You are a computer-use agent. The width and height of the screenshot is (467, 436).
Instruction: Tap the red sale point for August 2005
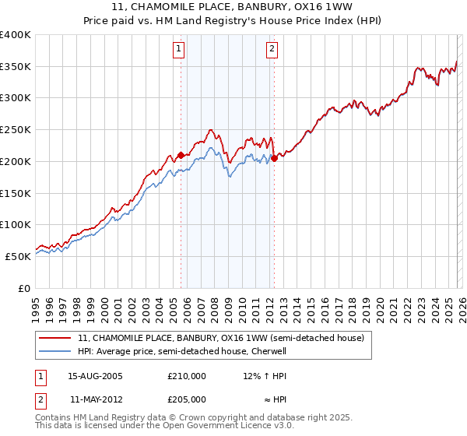[181, 155]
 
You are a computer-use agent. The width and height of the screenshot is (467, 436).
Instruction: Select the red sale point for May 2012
[274, 158]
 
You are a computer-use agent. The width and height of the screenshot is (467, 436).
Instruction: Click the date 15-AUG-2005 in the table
[95, 376]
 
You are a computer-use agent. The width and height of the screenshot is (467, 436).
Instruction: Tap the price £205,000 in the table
[187, 399]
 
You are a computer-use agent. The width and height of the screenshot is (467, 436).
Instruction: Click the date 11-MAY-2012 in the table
[95, 399]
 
